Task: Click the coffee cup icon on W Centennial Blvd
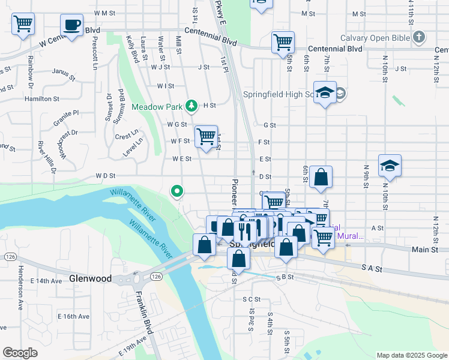click(71, 26)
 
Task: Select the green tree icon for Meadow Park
click(191, 106)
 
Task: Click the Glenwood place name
click(91, 279)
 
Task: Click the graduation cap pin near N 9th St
click(390, 166)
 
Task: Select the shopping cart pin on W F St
click(206, 136)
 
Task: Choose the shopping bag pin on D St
click(321, 177)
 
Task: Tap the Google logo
click(20, 353)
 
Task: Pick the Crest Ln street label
click(127, 134)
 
